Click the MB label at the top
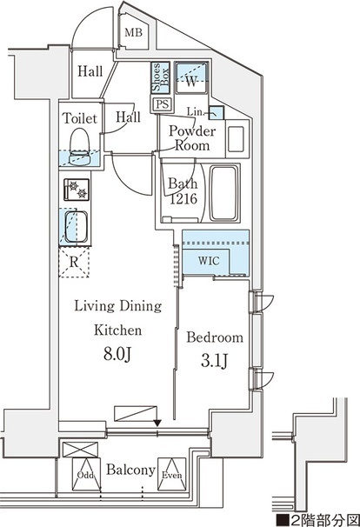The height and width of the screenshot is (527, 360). [x=133, y=32]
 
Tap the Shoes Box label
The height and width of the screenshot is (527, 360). [x=161, y=77]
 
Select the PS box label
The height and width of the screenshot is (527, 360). [x=163, y=104]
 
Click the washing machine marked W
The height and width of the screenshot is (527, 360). [x=191, y=79]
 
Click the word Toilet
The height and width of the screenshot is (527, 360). [x=80, y=118]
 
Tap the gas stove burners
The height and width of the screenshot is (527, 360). [x=77, y=190]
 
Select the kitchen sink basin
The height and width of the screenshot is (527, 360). [x=77, y=226]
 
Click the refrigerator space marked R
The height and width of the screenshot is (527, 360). [x=74, y=262]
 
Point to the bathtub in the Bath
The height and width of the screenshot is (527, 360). [x=225, y=193]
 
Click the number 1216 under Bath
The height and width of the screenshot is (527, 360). [x=183, y=199]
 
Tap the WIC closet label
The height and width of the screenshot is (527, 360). [x=209, y=261]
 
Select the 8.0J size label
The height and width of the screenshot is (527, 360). [x=117, y=354]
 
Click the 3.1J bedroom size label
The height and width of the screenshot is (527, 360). [x=215, y=361]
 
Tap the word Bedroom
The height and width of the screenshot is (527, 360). [x=215, y=337]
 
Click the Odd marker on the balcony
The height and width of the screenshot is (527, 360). [x=86, y=475]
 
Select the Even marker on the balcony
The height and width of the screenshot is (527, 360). [x=172, y=475]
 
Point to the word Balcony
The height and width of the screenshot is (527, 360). [x=130, y=470]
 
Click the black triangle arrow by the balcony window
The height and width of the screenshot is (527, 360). [x=157, y=424]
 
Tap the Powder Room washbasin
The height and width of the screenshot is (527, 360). [x=236, y=139]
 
